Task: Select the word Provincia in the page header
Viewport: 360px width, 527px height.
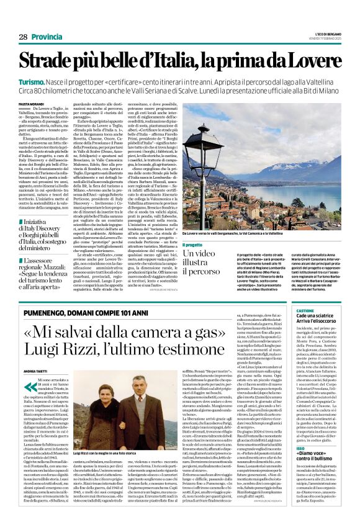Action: pos(47,37)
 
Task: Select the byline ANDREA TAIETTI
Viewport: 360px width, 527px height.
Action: pos(38,372)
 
